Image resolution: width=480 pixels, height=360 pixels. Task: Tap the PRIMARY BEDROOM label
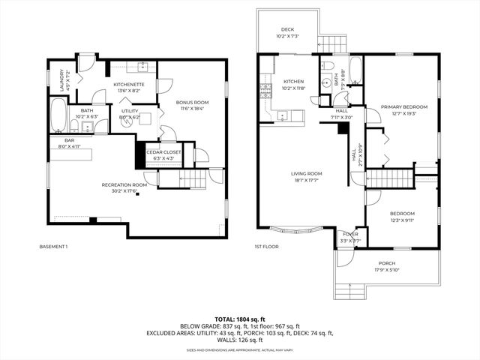click(x=403, y=106)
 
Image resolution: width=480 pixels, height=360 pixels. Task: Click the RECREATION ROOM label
click(x=124, y=184)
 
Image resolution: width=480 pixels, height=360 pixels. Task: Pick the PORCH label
click(x=386, y=263)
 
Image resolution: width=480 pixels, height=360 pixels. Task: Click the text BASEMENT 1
click(x=53, y=247)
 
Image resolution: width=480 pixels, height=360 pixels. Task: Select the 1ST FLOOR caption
click(x=267, y=247)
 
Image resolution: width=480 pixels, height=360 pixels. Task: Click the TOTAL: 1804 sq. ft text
click(x=240, y=319)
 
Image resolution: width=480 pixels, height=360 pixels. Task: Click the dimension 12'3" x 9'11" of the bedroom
click(x=402, y=220)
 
